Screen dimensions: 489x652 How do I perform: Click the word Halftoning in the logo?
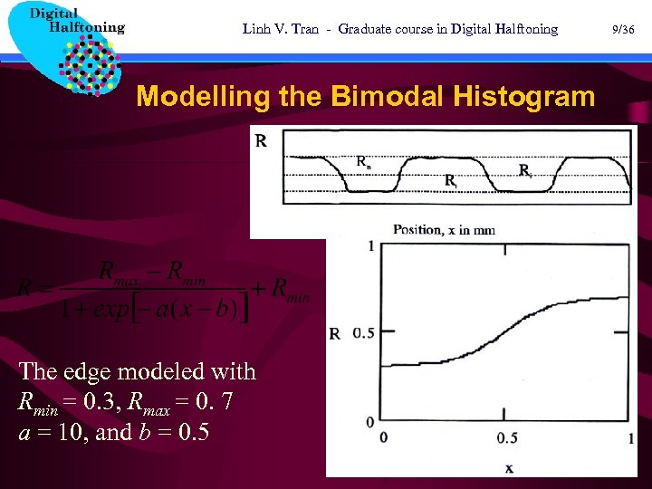86,27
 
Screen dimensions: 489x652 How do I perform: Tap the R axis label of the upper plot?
261,140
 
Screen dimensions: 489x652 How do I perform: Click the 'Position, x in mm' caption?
444,230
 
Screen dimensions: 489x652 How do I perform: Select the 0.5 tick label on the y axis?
362,333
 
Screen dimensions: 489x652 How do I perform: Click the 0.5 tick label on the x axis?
507,438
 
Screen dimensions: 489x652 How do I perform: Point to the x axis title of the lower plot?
509,467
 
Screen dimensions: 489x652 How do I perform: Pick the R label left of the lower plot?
335,333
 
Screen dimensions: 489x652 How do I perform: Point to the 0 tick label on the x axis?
384,438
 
